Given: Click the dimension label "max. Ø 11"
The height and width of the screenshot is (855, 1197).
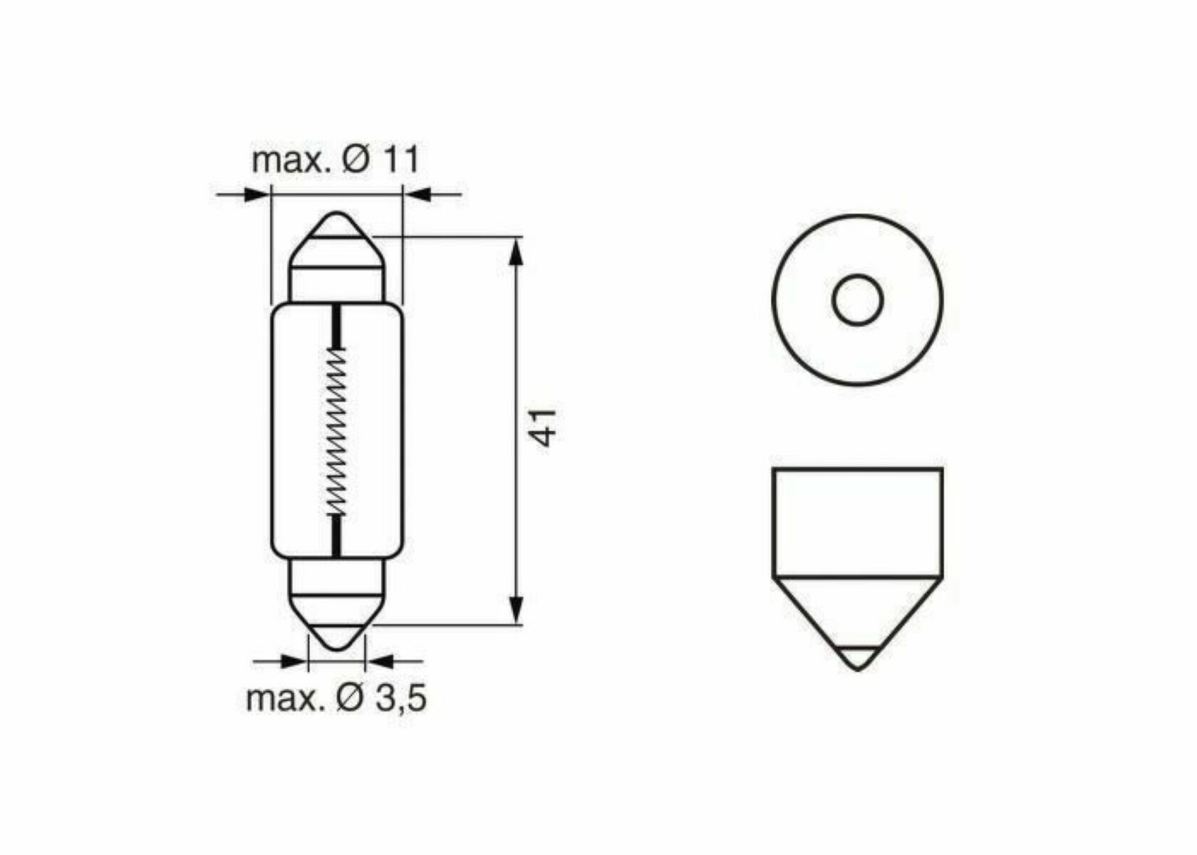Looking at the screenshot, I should coord(336,160).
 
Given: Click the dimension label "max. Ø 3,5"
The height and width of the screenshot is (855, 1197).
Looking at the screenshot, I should coord(336,698).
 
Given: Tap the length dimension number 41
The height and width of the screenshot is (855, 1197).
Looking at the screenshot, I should coord(545,427).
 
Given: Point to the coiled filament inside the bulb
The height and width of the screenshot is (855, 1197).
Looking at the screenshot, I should coord(336,432).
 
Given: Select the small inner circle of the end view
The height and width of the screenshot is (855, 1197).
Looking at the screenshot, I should coord(857,300).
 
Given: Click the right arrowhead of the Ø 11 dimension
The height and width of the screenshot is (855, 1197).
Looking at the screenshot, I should coord(418,194).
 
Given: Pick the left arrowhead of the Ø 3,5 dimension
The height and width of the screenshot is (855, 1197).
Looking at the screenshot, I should coord(292,661).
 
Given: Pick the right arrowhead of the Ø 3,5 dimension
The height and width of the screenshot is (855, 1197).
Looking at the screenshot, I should coord(380,661).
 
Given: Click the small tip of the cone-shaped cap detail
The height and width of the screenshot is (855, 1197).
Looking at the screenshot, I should coord(857,659).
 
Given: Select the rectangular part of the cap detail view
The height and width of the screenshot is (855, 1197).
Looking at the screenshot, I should coord(857,522).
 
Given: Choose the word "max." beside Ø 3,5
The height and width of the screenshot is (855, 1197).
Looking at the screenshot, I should coord(283,698).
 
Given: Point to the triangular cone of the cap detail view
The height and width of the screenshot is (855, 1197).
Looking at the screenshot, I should coord(857,613).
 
